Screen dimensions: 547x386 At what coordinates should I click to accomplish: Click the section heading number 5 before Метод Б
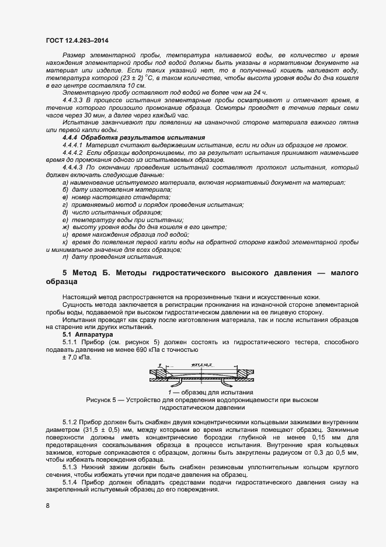point(65,273)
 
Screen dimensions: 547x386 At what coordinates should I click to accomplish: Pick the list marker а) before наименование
point(65,183)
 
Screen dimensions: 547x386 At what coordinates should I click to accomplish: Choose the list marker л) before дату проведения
point(65,257)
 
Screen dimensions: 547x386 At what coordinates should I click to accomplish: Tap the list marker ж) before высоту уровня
point(65,227)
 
